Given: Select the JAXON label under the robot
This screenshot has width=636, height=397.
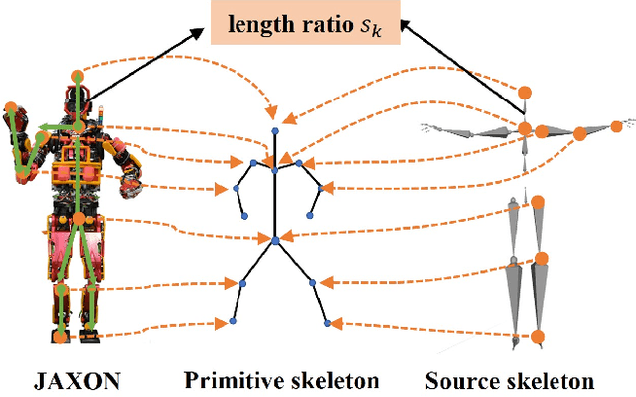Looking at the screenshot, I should coord(79,379).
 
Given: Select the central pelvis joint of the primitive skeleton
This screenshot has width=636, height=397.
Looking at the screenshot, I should coord(276,240).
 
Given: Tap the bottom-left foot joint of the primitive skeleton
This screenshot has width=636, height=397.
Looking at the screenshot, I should coord(233,321).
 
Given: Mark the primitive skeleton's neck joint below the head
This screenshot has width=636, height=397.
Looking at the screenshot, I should coord(276,169).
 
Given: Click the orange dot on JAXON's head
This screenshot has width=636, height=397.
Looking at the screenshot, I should coord(78,75).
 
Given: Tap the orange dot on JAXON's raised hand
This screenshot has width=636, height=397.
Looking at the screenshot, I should coord(11,106).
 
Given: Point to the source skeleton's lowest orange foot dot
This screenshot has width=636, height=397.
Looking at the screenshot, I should coord(538,335).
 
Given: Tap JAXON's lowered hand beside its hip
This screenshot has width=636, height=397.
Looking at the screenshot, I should coord(127,183).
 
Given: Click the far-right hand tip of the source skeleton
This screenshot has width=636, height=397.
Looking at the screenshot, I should coord(627,125).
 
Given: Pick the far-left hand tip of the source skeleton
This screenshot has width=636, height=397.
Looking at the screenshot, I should coord(425,126).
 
